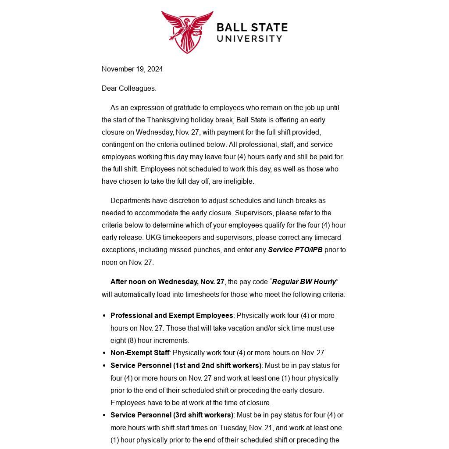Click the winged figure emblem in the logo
click(187, 32)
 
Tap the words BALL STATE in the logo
click(252, 28)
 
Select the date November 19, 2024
click(132, 69)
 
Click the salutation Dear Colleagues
click(129, 88)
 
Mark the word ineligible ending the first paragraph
click(239, 181)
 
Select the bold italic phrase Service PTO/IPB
click(295, 249)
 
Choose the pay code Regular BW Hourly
click(304, 282)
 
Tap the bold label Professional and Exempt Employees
click(171, 315)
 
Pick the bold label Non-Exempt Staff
click(140, 353)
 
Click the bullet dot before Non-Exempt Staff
click(104, 353)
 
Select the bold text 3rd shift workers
click(204, 415)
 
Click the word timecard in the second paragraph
click(327, 237)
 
